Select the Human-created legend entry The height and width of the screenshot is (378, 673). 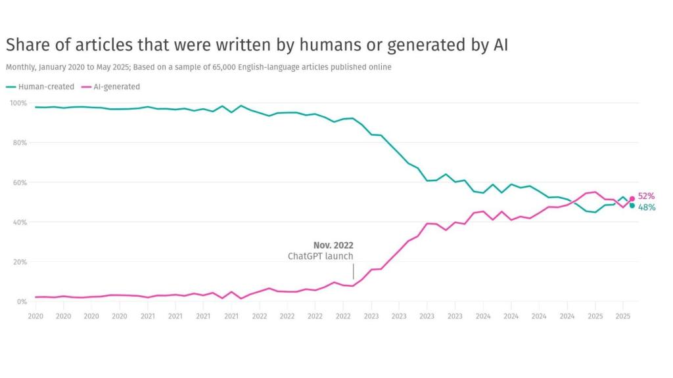point(41,87)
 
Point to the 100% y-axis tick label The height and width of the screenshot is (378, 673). point(18,103)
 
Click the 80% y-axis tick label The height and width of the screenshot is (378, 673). point(19,142)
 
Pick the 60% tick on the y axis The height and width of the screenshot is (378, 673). point(19,182)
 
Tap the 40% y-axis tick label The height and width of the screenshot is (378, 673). point(19,222)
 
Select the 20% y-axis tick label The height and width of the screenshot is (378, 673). point(19,262)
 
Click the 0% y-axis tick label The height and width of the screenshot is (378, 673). point(21,302)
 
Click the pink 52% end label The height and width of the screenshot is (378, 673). point(646,196)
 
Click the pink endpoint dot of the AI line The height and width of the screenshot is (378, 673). point(632,198)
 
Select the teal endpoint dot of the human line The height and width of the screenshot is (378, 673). point(632,205)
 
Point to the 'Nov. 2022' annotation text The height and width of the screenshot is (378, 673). point(333,245)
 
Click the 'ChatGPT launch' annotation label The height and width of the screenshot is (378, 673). point(320,257)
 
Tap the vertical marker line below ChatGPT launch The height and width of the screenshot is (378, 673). point(353,271)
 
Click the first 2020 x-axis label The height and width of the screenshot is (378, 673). point(35,316)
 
